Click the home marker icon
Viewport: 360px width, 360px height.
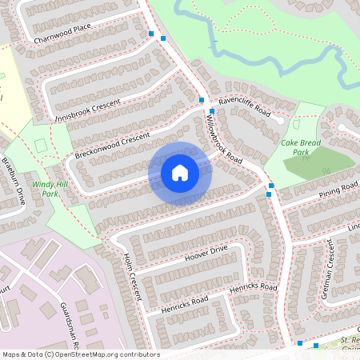[x=180, y=172]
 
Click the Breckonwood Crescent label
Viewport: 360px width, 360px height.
[x=112, y=145]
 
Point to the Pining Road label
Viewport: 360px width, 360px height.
[x=338, y=190]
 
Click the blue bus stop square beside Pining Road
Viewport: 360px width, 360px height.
[x=270, y=186]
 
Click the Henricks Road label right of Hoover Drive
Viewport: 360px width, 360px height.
[x=253, y=286]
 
